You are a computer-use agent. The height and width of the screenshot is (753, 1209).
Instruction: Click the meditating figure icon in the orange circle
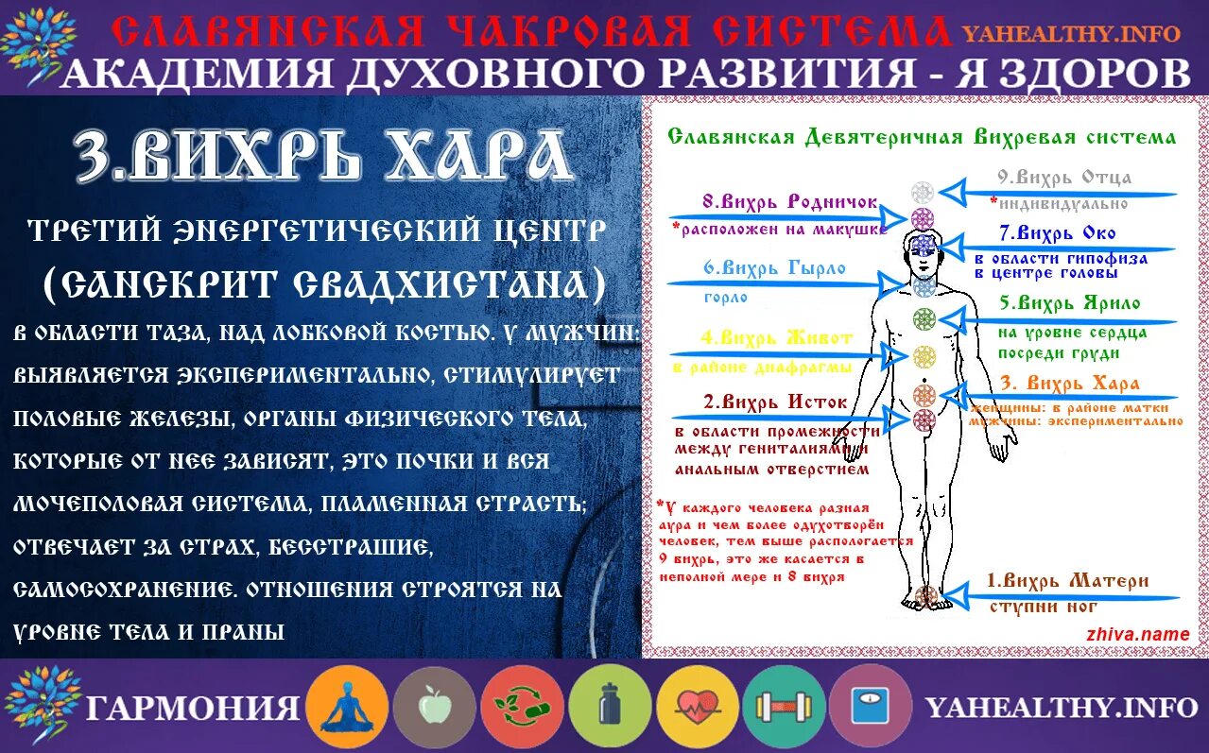click(346, 707)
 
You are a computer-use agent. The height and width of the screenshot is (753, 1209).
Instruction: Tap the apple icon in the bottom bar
click(433, 707)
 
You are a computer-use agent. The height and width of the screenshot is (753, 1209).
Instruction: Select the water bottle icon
click(609, 707)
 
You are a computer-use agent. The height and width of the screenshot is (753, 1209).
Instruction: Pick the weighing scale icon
click(870, 707)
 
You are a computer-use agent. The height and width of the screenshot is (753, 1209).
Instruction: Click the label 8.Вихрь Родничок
click(789, 201)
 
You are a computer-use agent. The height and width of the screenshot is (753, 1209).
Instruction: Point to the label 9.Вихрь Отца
click(1064, 177)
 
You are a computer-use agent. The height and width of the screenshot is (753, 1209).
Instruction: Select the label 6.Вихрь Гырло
click(773, 267)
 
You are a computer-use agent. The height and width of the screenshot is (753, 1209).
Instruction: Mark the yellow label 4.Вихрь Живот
click(776, 337)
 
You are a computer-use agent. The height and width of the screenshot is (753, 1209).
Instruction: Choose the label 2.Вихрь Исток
click(774, 402)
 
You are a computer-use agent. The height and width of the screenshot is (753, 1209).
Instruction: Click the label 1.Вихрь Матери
click(1067, 580)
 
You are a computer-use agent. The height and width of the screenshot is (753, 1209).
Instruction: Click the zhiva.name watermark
click(1138, 635)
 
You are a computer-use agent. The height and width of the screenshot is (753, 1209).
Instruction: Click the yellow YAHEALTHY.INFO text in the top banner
click(1071, 34)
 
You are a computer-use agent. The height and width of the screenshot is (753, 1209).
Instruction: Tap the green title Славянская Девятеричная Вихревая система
click(922, 137)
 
